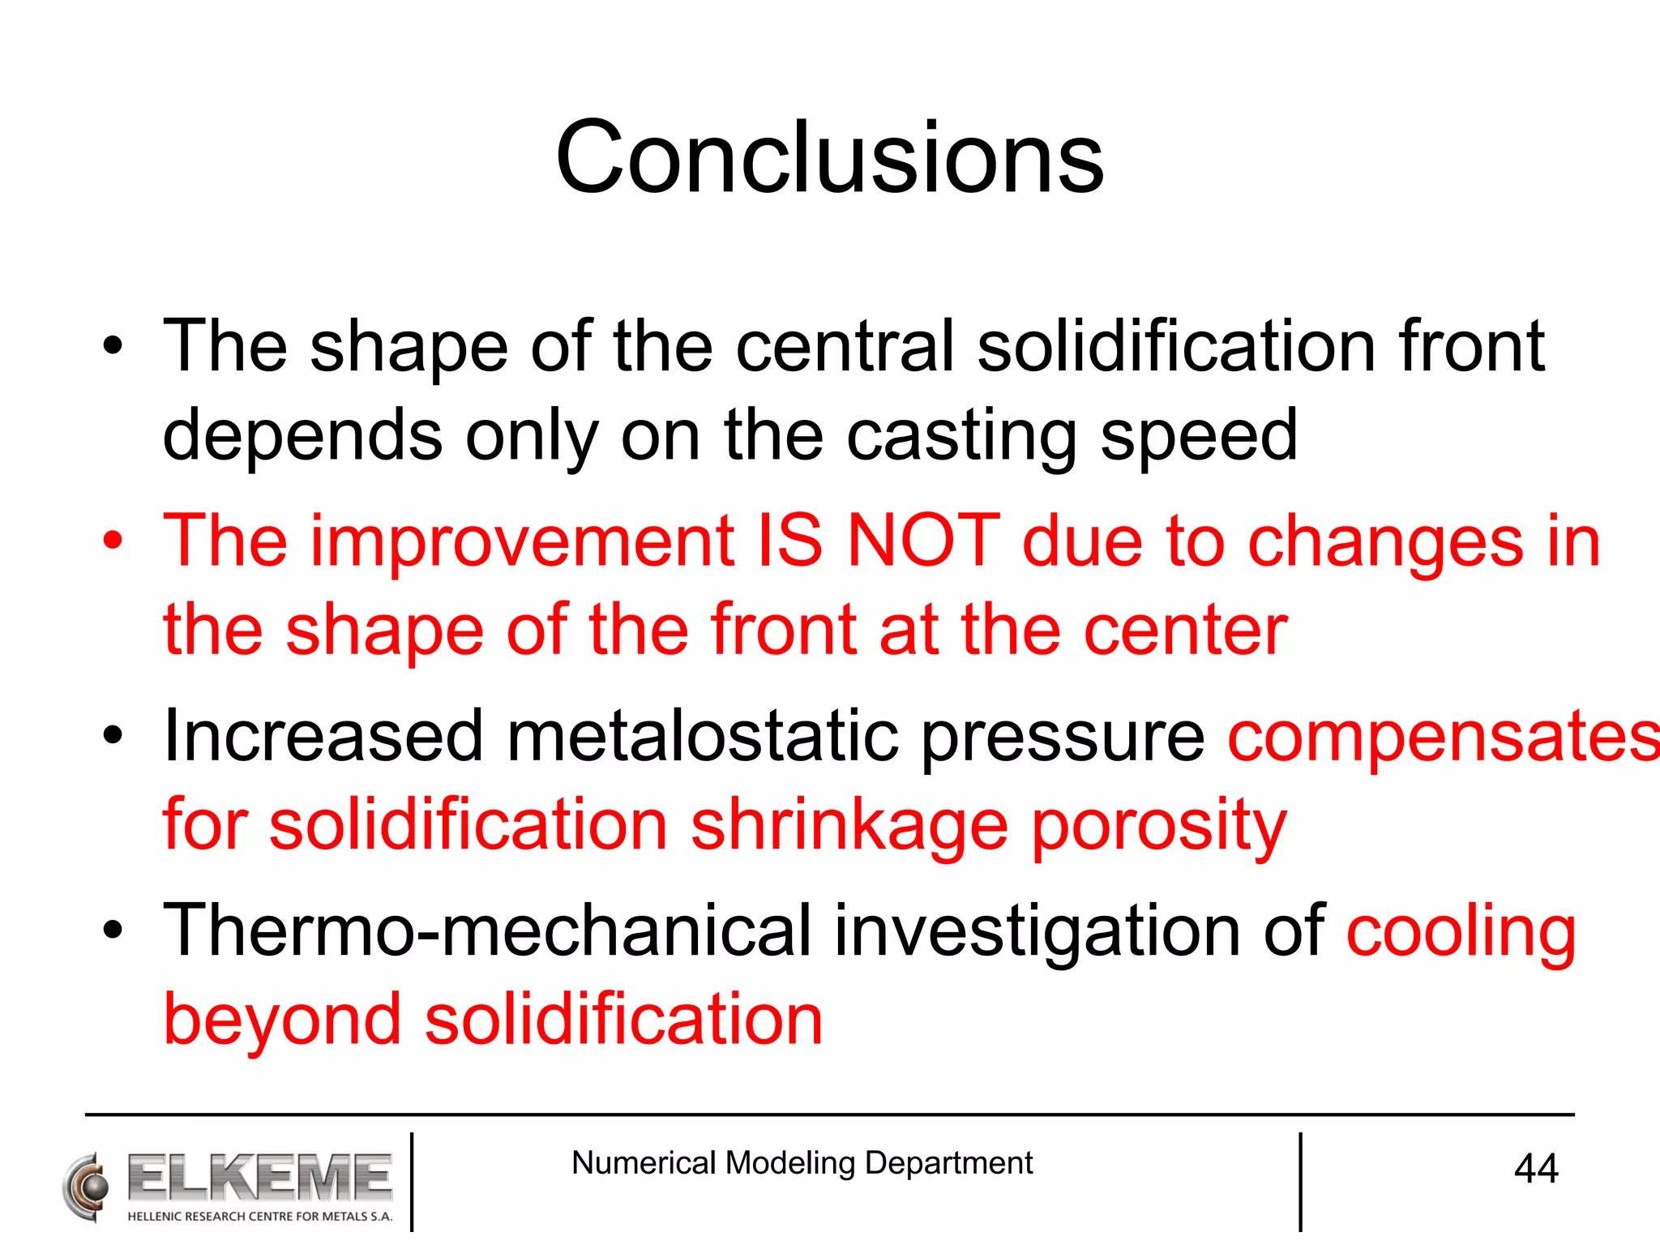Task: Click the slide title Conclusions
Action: pos(829,157)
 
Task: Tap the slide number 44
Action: pos(1535,1169)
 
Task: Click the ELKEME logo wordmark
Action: pos(259,1178)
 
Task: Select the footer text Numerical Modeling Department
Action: pos(802,1163)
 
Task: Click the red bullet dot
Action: pos(113,541)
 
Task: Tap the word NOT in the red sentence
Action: pos(923,541)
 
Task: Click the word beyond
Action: pos(282,1020)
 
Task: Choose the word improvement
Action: pos(522,541)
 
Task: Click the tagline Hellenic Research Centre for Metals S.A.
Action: pos(259,1217)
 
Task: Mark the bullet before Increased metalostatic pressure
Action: pos(113,736)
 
